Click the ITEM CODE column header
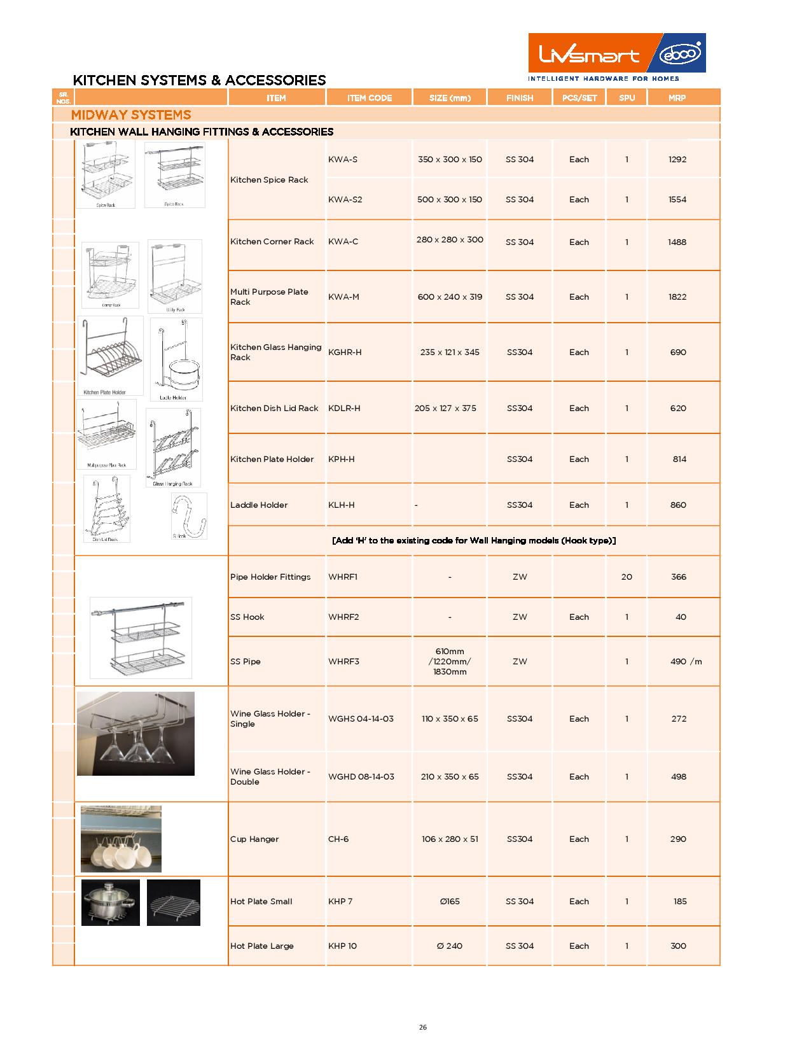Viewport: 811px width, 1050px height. tap(369, 98)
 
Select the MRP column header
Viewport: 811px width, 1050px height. tap(677, 98)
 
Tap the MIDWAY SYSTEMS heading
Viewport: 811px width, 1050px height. tap(131, 115)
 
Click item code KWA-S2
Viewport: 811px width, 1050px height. tap(345, 200)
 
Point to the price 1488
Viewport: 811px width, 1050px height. tap(677, 242)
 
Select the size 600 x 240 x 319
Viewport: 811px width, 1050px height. tap(450, 297)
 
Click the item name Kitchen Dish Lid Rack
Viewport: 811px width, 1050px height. tap(274, 409)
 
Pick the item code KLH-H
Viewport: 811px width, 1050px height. tap(342, 505)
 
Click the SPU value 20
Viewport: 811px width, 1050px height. tap(627, 577)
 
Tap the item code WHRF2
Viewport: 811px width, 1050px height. tap(343, 617)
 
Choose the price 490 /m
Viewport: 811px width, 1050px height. tap(686, 662)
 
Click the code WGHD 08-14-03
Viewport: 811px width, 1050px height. tap(361, 777)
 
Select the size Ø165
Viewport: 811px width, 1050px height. tap(449, 902)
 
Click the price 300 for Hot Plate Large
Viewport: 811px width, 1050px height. tap(678, 946)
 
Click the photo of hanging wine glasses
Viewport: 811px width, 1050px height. tap(135, 734)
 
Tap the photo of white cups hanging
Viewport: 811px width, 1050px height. tap(121, 839)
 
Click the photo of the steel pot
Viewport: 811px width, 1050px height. tap(111, 902)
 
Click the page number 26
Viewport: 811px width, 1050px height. tap(423, 1027)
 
